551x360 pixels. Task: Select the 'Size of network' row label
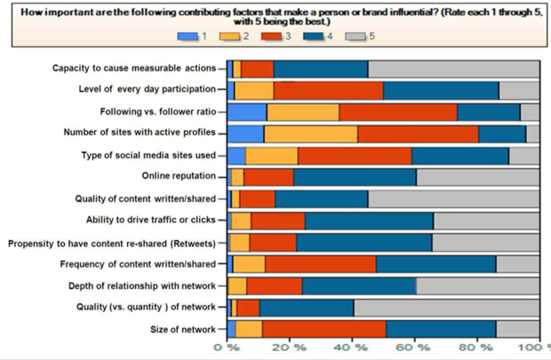click(x=181, y=329)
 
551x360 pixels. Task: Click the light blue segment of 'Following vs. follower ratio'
click(x=247, y=112)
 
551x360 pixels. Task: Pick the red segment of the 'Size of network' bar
click(x=324, y=329)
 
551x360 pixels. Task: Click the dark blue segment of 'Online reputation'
click(x=355, y=177)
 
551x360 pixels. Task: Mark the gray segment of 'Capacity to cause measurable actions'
click(x=453, y=68)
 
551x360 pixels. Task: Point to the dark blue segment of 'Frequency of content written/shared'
click(x=435, y=264)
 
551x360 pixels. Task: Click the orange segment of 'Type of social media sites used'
click(x=272, y=156)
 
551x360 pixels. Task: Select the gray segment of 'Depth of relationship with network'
click(x=477, y=285)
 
